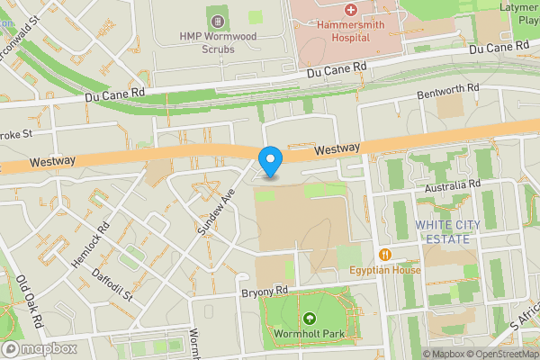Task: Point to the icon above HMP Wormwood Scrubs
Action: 217,20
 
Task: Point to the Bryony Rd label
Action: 263,292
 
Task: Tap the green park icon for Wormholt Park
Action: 310,319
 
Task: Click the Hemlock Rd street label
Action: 90,245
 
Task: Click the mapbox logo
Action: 39,348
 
